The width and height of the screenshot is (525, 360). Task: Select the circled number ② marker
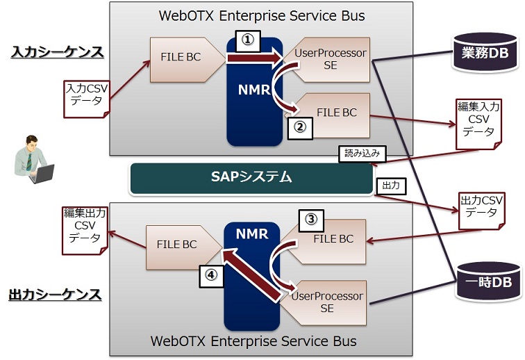(299, 126)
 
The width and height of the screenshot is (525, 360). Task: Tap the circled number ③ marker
(312, 220)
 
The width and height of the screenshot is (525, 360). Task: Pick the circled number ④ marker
(211, 275)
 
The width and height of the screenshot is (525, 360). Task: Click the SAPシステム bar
(251, 177)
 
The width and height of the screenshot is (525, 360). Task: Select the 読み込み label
(360, 154)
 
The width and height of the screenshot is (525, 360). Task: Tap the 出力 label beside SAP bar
(390, 186)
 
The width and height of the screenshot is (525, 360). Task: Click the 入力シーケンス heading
(57, 52)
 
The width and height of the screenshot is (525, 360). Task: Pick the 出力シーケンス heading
(56, 295)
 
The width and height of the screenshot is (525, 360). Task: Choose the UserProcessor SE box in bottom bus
(327, 302)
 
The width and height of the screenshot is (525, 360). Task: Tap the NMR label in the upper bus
(253, 91)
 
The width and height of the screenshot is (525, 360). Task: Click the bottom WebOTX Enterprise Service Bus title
(253, 341)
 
